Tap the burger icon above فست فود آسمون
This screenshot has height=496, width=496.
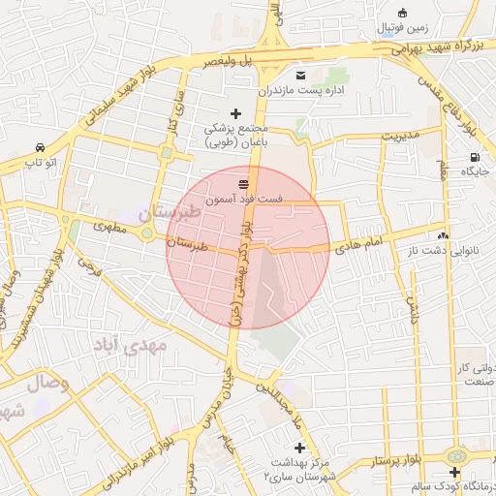[243, 182]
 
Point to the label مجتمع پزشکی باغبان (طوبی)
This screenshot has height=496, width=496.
[235, 136]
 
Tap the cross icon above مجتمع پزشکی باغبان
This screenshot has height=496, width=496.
[235, 113]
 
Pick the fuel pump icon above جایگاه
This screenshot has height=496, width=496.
[473, 157]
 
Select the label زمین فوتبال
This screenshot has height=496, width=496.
[425, 27]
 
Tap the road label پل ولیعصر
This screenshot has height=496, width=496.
[215, 61]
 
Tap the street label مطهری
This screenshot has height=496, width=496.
[111, 227]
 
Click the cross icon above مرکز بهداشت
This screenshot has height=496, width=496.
[299, 448]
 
